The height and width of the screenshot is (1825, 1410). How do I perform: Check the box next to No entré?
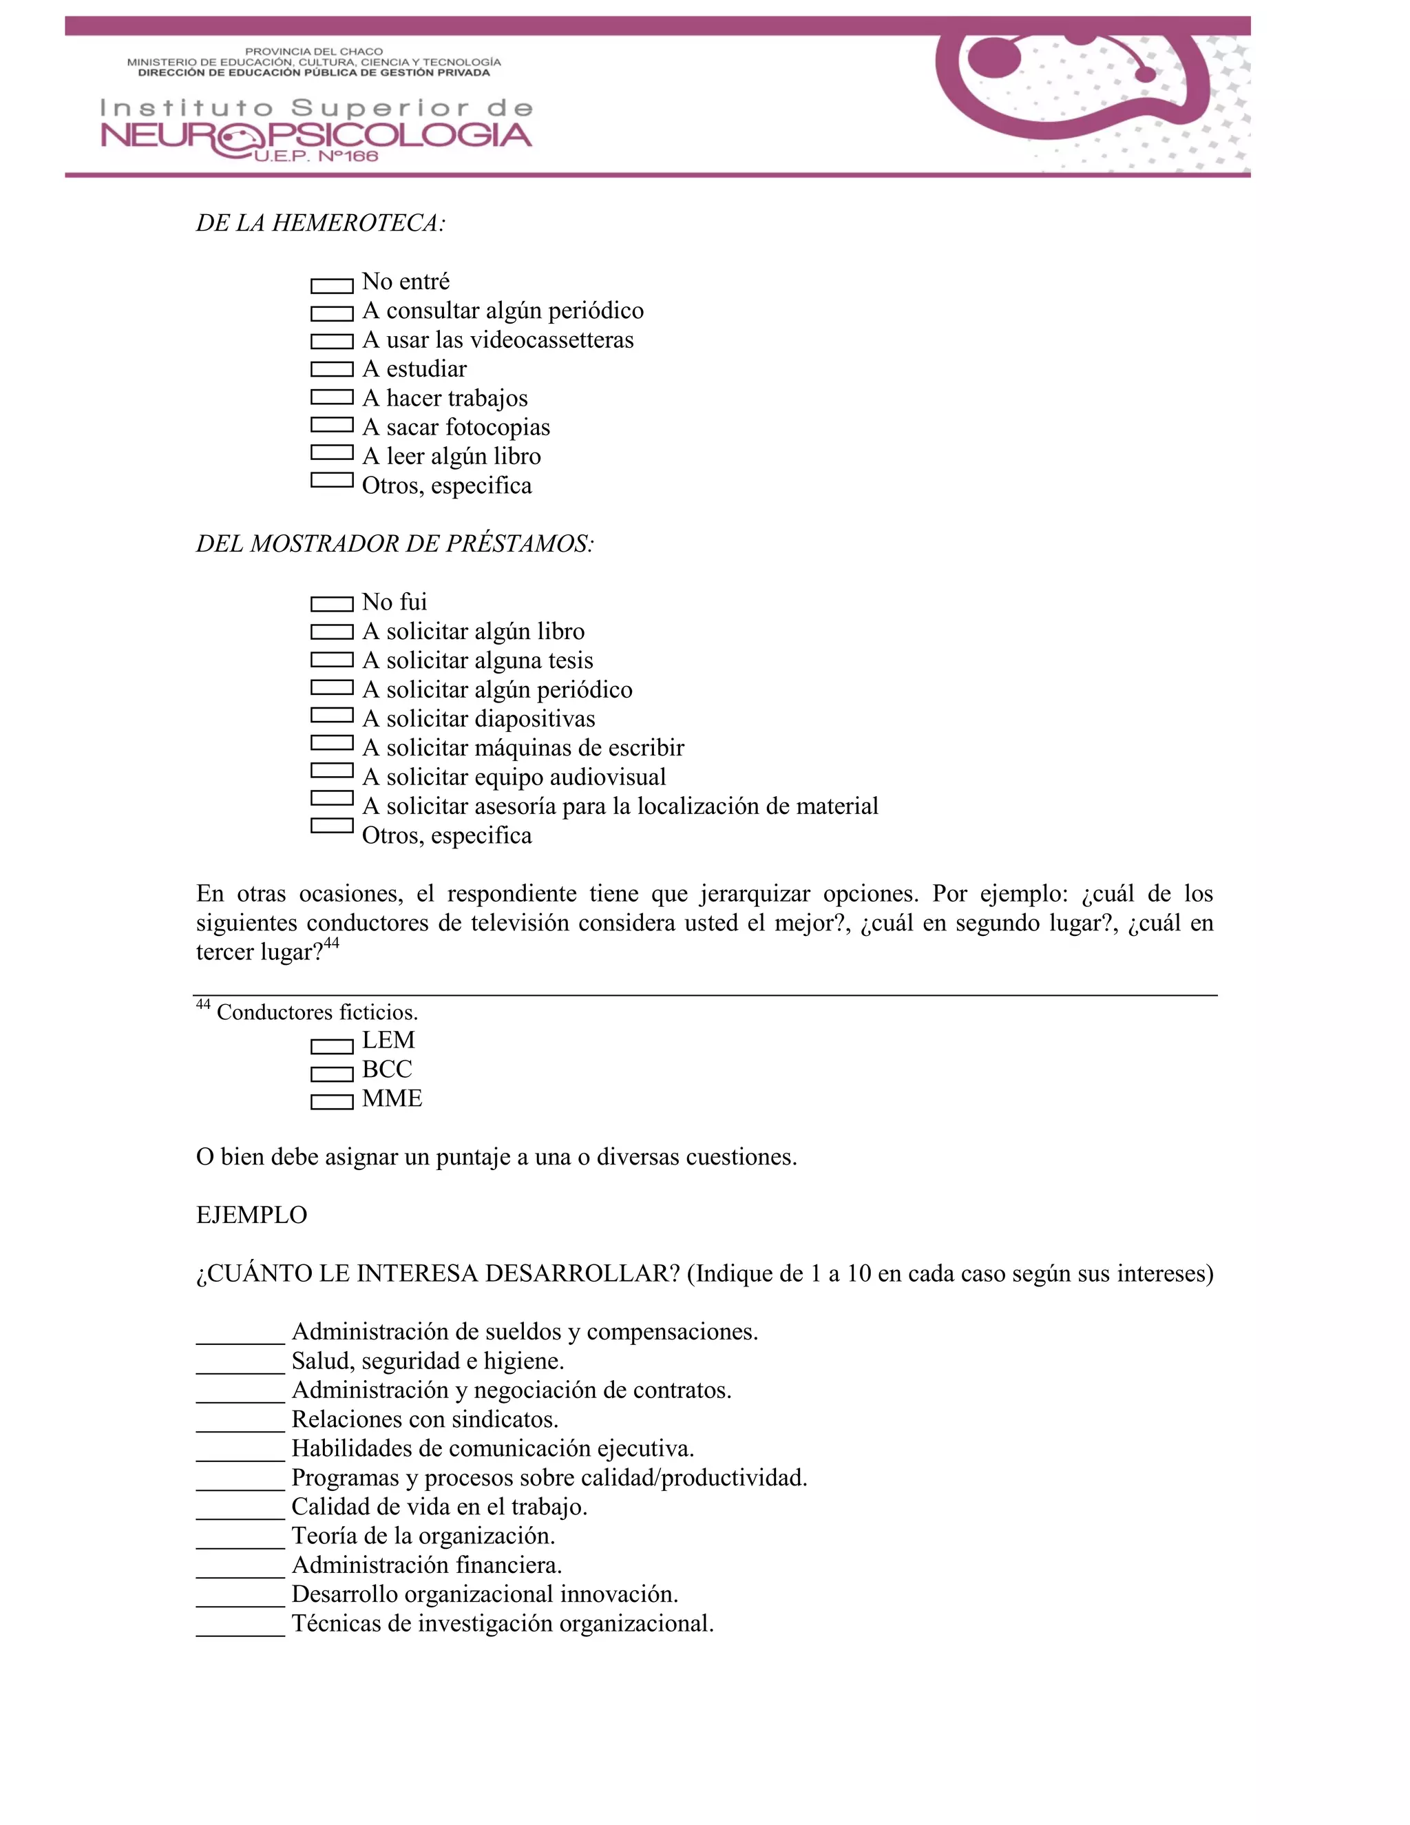click(x=332, y=286)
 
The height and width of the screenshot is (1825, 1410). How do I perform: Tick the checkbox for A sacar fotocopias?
click(x=332, y=424)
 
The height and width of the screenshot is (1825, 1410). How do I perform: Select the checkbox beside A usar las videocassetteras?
click(x=332, y=341)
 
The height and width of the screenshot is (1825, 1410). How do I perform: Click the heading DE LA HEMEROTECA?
click(x=321, y=223)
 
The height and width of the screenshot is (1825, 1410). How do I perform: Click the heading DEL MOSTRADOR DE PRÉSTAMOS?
click(x=395, y=544)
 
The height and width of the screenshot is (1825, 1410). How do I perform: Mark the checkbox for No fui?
click(x=332, y=603)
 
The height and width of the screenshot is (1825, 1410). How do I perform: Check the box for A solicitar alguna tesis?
click(x=332, y=659)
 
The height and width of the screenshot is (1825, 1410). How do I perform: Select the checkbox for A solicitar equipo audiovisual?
click(x=332, y=770)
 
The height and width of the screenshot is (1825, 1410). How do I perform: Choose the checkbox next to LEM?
click(x=332, y=1046)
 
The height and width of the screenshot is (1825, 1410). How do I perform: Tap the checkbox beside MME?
click(x=332, y=1102)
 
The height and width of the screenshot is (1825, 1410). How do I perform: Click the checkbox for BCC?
click(x=332, y=1074)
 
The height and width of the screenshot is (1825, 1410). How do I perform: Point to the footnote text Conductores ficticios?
click(x=317, y=1013)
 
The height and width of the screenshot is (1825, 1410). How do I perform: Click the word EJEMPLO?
click(x=251, y=1215)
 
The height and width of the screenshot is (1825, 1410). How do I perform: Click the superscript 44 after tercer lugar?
click(x=332, y=943)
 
